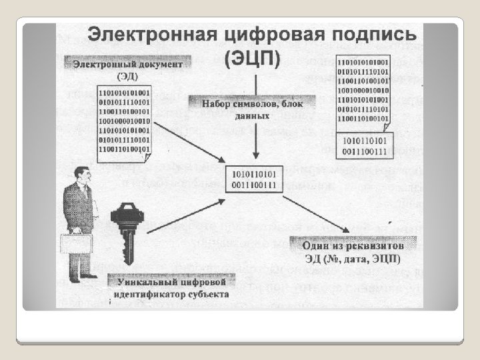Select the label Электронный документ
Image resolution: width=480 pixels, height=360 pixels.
pos(128,64)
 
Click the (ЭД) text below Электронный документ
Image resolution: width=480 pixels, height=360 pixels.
pos(137,75)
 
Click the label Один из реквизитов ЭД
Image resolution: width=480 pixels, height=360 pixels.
pos(355,250)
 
